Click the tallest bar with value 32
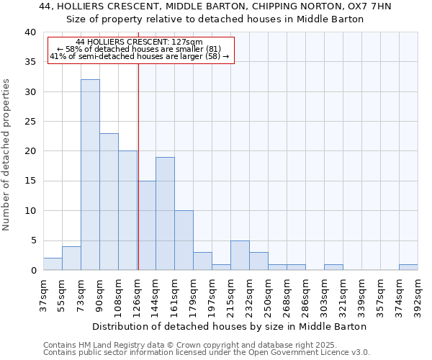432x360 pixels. pyautogui.click(x=90, y=175)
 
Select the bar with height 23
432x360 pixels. pyautogui.click(x=109, y=202)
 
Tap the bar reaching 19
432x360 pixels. pyautogui.click(x=165, y=214)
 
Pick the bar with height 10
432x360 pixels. pyautogui.click(x=184, y=240)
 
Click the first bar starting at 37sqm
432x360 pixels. pyautogui.click(x=53, y=264)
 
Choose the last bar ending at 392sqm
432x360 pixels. pyautogui.click(x=408, y=267)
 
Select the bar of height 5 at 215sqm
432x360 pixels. pyautogui.click(x=240, y=256)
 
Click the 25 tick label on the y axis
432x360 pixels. pyautogui.click(x=30, y=122)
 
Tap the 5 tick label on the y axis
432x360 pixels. pyautogui.click(x=33, y=240)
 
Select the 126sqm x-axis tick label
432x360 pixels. pyautogui.click(x=138, y=294)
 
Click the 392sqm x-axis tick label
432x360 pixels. pyautogui.click(x=418, y=294)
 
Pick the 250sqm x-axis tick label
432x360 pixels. pyautogui.click(x=269, y=294)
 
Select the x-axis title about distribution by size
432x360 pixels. pyautogui.click(x=230, y=326)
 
